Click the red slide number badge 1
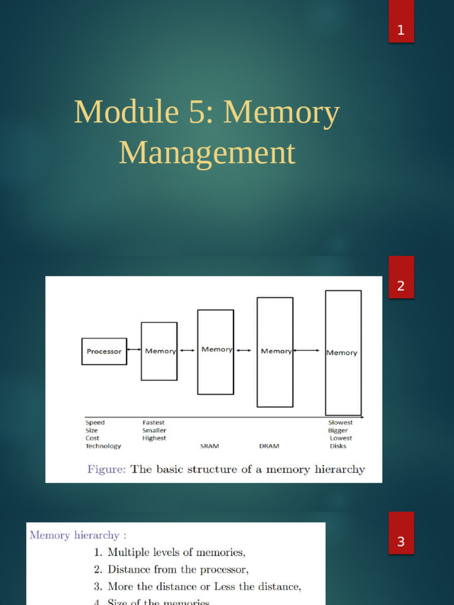click(401, 30)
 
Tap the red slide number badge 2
click(401, 286)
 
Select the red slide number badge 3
click(401, 541)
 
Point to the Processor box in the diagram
click(104, 351)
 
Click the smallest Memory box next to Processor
click(159, 351)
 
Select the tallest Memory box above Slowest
click(343, 353)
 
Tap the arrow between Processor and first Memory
click(134, 351)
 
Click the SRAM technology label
click(209, 446)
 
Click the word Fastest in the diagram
click(153, 422)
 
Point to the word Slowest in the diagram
click(340, 422)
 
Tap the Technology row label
click(103, 446)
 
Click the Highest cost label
click(154, 438)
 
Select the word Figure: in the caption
click(106, 470)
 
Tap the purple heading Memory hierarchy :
click(78, 535)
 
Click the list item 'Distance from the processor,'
click(178, 570)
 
